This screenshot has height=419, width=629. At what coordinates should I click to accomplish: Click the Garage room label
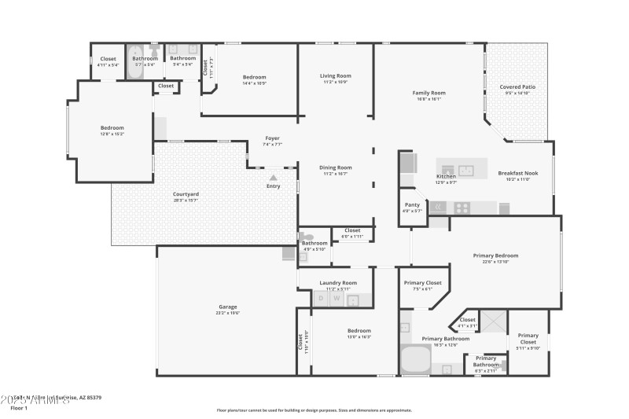click(x=228, y=307)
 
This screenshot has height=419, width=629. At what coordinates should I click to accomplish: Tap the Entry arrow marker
click(x=273, y=178)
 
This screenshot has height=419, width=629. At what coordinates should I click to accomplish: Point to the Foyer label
click(x=272, y=138)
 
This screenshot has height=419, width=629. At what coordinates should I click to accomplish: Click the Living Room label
click(x=335, y=76)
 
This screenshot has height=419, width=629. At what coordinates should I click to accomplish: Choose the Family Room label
click(x=429, y=93)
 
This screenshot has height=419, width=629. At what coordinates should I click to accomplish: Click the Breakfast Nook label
click(x=514, y=174)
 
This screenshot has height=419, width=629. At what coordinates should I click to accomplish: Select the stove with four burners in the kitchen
click(x=462, y=208)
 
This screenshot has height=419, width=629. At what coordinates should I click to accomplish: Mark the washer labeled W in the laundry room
click(x=337, y=299)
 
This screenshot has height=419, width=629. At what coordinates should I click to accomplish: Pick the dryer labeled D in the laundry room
click(x=320, y=299)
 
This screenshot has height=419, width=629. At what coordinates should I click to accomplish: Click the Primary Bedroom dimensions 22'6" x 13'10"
click(x=495, y=261)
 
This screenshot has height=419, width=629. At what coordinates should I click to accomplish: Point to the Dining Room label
click(x=335, y=167)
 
